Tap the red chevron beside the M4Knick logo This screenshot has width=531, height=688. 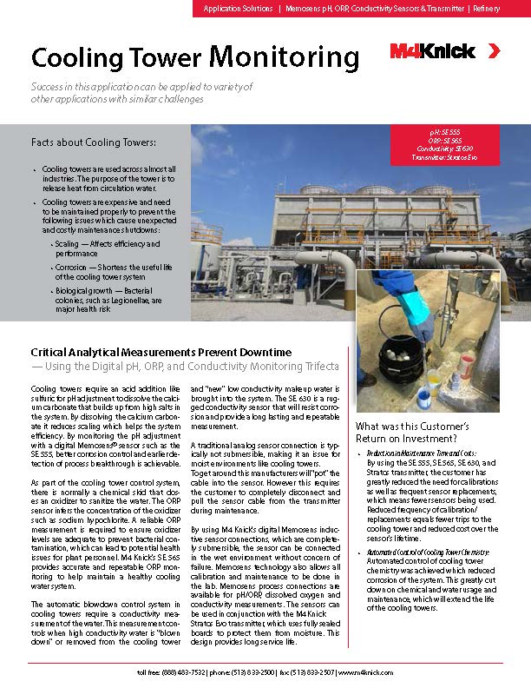[493, 51]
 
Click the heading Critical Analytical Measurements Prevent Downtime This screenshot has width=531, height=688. [161, 352]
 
